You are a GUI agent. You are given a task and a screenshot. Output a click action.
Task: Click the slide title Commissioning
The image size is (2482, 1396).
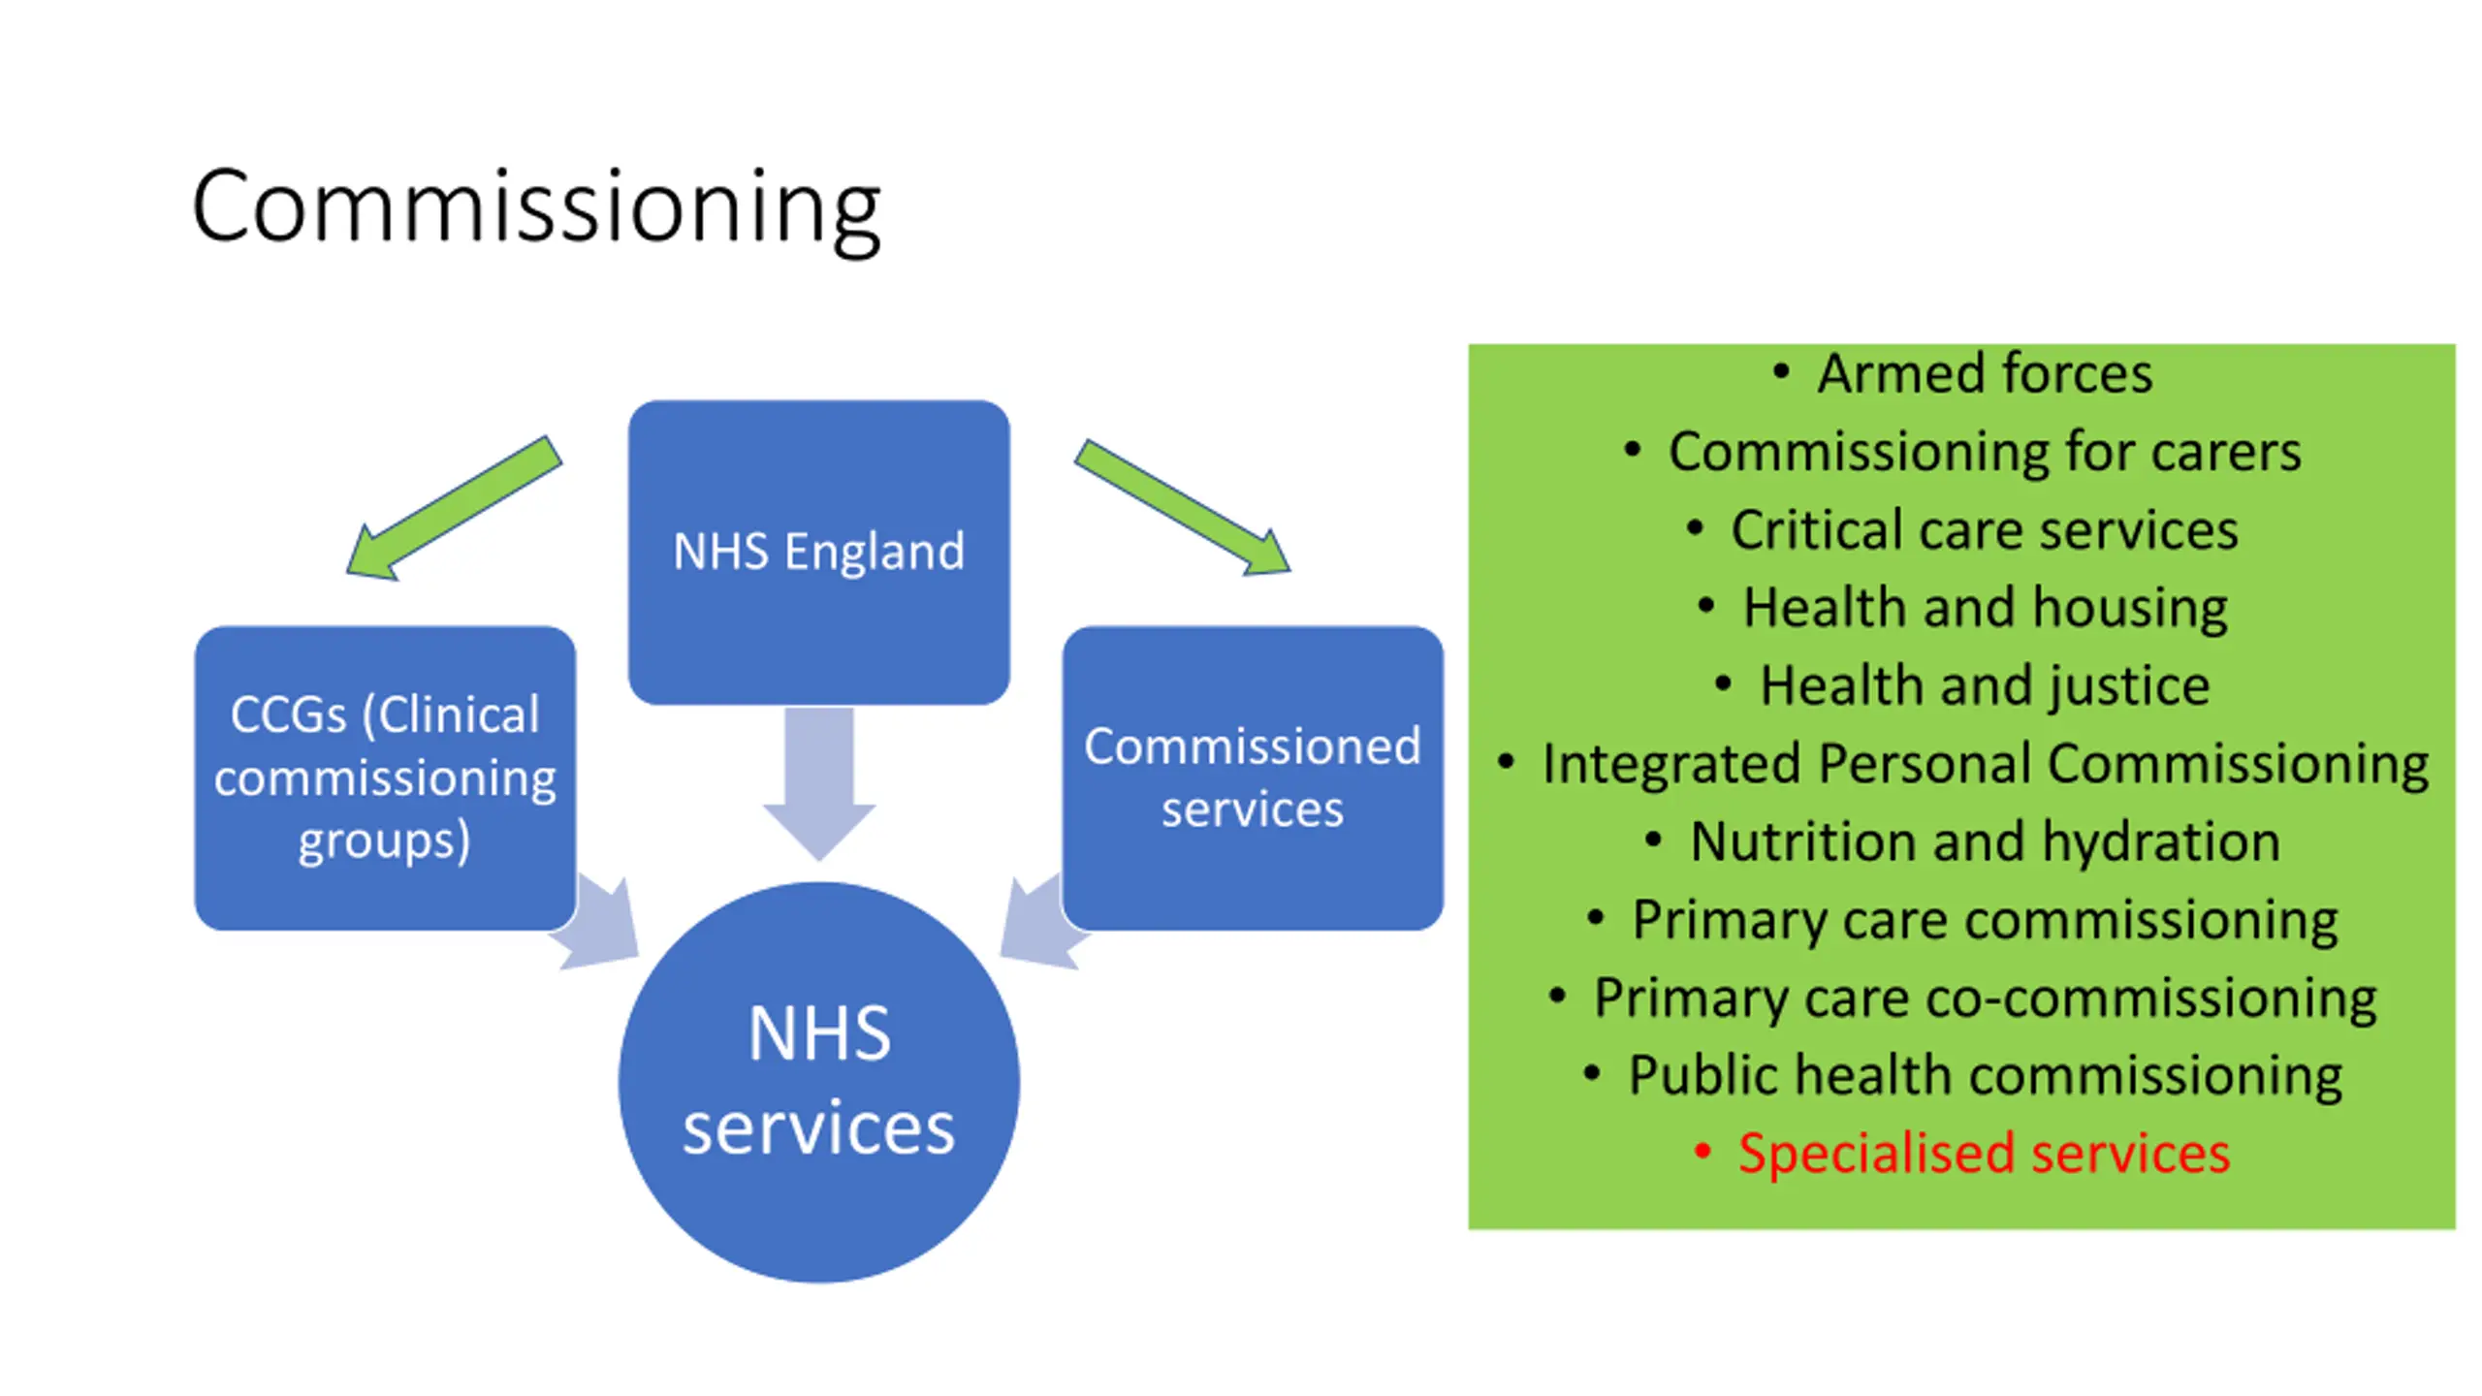point(535,207)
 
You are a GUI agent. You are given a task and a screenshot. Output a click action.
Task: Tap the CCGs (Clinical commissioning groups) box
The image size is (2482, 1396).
point(385,777)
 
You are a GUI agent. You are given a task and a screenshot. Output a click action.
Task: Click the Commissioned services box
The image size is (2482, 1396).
point(1252,777)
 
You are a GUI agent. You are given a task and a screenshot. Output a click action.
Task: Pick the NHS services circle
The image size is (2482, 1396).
point(818,1081)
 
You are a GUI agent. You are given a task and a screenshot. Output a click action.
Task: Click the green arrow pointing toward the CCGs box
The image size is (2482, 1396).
point(454,508)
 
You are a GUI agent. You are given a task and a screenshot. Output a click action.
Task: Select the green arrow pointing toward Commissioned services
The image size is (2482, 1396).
point(1183,508)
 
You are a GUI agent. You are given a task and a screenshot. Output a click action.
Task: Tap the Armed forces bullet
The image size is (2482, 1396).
point(1984,374)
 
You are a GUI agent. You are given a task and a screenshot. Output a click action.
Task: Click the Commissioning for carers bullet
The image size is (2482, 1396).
point(1984,452)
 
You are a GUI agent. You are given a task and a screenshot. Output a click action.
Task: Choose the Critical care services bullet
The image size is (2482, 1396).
point(1984,530)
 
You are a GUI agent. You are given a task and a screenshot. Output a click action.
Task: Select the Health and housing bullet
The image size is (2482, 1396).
point(1984,608)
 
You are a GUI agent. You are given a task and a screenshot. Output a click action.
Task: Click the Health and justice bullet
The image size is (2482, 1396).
point(1984,686)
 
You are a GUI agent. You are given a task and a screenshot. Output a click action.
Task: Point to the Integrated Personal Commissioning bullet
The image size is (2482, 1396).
point(1984,764)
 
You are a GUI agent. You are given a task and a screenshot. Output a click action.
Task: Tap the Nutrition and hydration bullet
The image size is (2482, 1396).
point(1984,841)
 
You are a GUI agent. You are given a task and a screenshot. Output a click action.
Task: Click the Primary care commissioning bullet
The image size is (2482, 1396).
point(1984,920)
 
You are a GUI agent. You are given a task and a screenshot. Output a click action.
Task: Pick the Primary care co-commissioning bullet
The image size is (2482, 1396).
point(1984,998)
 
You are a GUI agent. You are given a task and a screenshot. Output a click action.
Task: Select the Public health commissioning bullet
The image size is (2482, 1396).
point(1984,1076)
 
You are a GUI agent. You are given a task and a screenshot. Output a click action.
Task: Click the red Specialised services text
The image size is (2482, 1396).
point(1984,1154)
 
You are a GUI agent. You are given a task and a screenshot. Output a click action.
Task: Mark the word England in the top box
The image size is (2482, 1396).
point(875,552)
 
